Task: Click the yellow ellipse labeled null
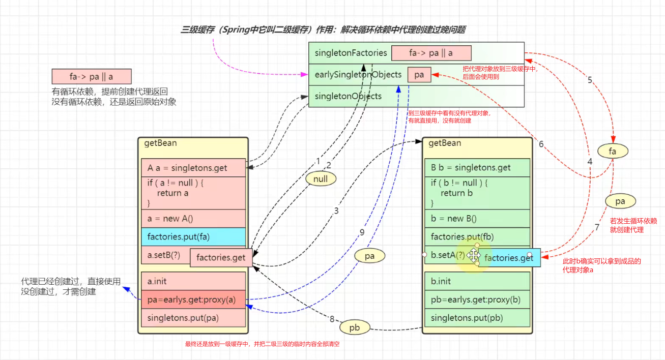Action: [x=321, y=179]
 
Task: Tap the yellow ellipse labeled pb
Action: [x=354, y=328]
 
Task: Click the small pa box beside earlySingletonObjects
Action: [x=419, y=75]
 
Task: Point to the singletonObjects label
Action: [x=348, y=96]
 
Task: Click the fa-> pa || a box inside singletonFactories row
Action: [x=431, y=53]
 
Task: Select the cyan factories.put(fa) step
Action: [x=193, y=236]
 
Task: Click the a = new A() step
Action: [x=193, y=219]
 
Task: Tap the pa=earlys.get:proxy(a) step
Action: [x=193, y=299]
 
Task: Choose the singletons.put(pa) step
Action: [x=193, y=318]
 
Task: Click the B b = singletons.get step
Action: [x=477, y=168]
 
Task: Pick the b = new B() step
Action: [x=477, y=219]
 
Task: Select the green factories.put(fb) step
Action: [x=477, y=236]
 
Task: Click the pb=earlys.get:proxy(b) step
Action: [x=477, y=299]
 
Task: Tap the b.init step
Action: [x=477, y=281]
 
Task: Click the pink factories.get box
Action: [x=221, y=258]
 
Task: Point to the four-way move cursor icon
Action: [x=474, y=255]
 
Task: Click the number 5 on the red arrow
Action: [x=590, y=80]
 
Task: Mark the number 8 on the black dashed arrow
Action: [x=332, y=319]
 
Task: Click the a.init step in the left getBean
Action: [x=193, y=281]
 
